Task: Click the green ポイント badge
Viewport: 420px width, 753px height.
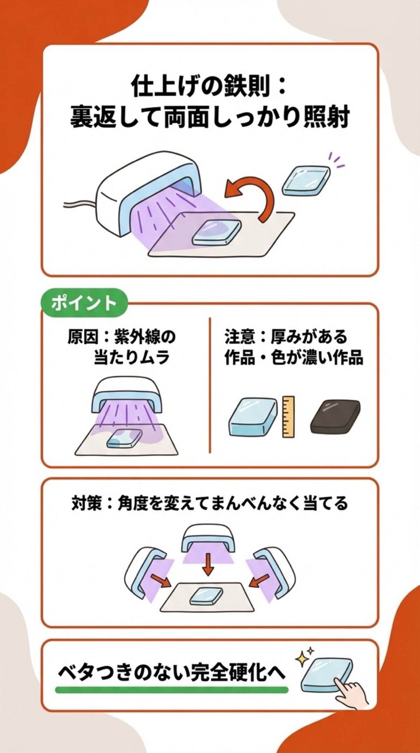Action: pos(84,303)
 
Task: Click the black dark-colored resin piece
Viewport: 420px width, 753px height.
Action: pos(335,417)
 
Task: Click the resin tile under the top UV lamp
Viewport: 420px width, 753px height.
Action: pos(217,232)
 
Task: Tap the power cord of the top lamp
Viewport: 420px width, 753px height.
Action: pos(79,205)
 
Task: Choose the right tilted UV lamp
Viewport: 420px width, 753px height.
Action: pos(274,567)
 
